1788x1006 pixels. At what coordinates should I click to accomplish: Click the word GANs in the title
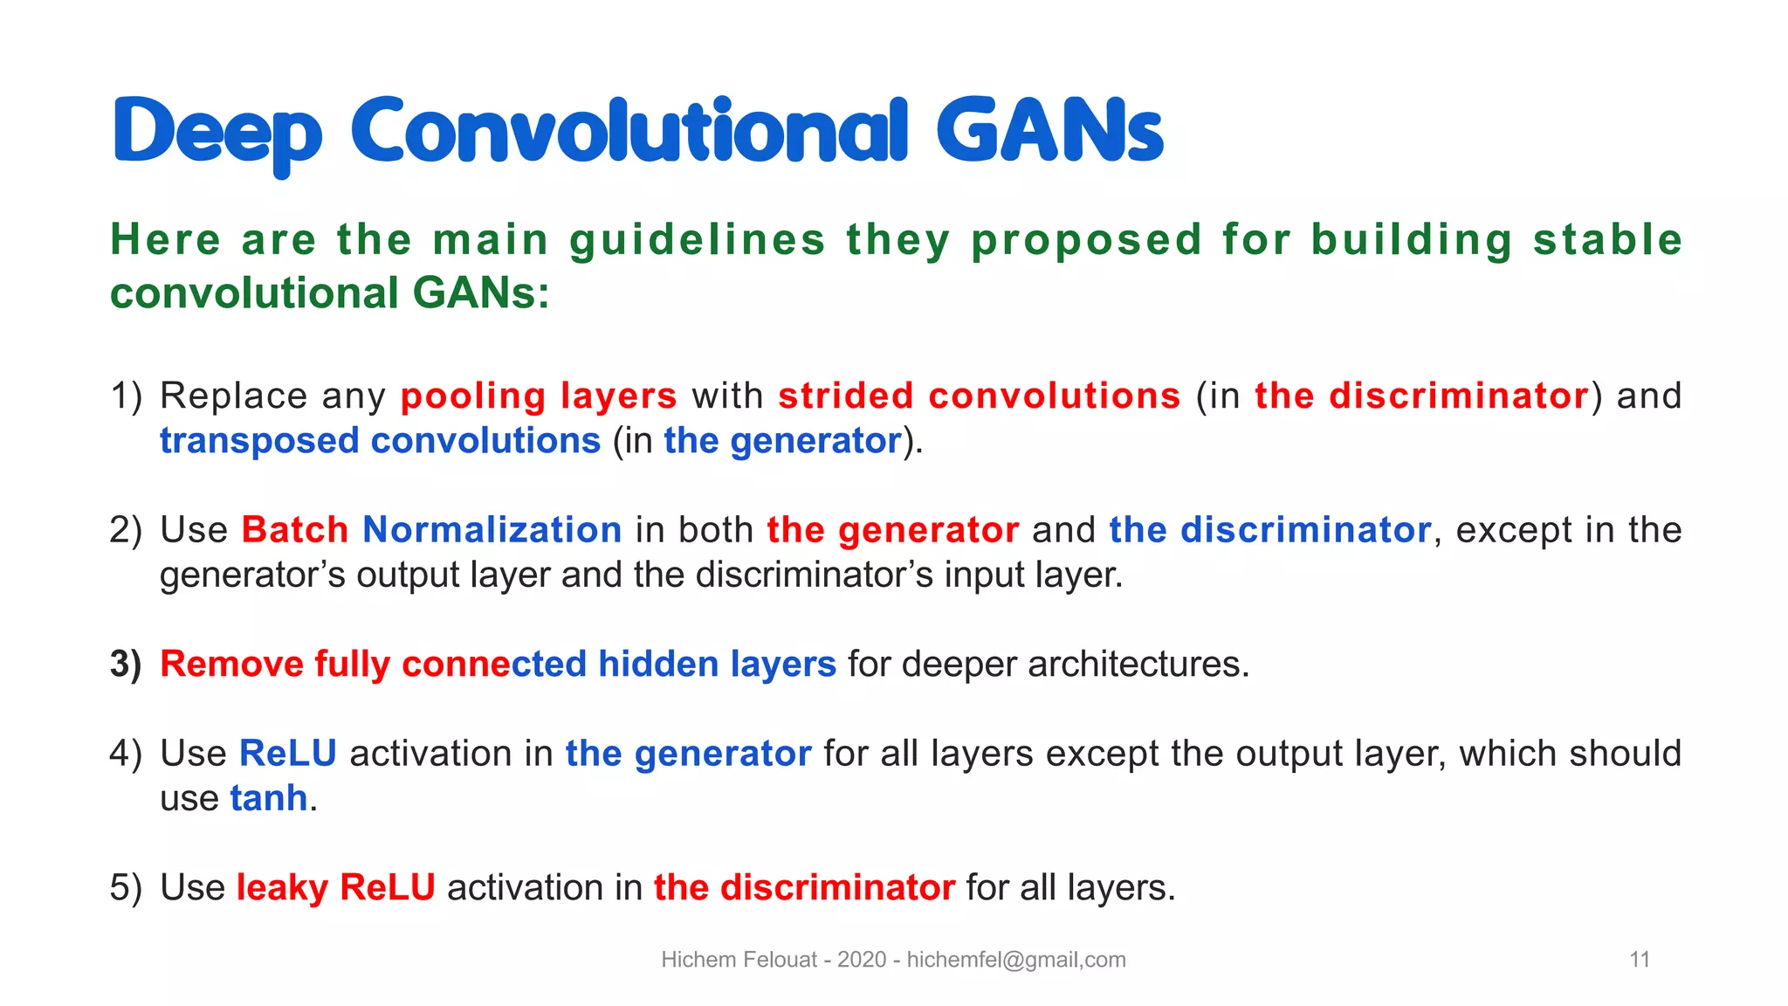(x=1049, y=131)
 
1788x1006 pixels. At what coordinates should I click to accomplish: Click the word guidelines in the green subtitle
(x=698, y=240)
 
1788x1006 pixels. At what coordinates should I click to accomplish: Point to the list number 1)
(x=126, y=396)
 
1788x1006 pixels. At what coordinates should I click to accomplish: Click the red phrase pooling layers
(x=539, y=396)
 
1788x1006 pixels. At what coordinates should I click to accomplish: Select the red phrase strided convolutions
(x=979, y=396)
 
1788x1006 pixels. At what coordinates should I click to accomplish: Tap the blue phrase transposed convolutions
(x=380, y=441)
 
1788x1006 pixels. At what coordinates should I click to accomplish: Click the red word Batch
(x=295, y=530)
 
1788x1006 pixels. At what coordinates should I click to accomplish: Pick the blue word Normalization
(x=492, y=530)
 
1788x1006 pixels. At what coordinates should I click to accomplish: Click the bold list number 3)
(x=126, y=664)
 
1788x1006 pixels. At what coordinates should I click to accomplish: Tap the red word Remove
(x=231, y=664)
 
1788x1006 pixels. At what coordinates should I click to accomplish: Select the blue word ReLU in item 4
(x=287, y=754)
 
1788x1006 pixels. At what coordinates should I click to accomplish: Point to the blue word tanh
(x=269, y=798)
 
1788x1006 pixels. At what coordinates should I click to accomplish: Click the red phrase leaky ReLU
(x=335, y=888)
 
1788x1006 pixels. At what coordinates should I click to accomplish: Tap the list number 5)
(x=126, y=888)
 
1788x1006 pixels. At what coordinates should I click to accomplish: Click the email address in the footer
(x=1016, y=960)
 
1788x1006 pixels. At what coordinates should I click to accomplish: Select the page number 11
(x=1640, y=960)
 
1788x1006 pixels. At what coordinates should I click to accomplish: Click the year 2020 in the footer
(x=862, y=960)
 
